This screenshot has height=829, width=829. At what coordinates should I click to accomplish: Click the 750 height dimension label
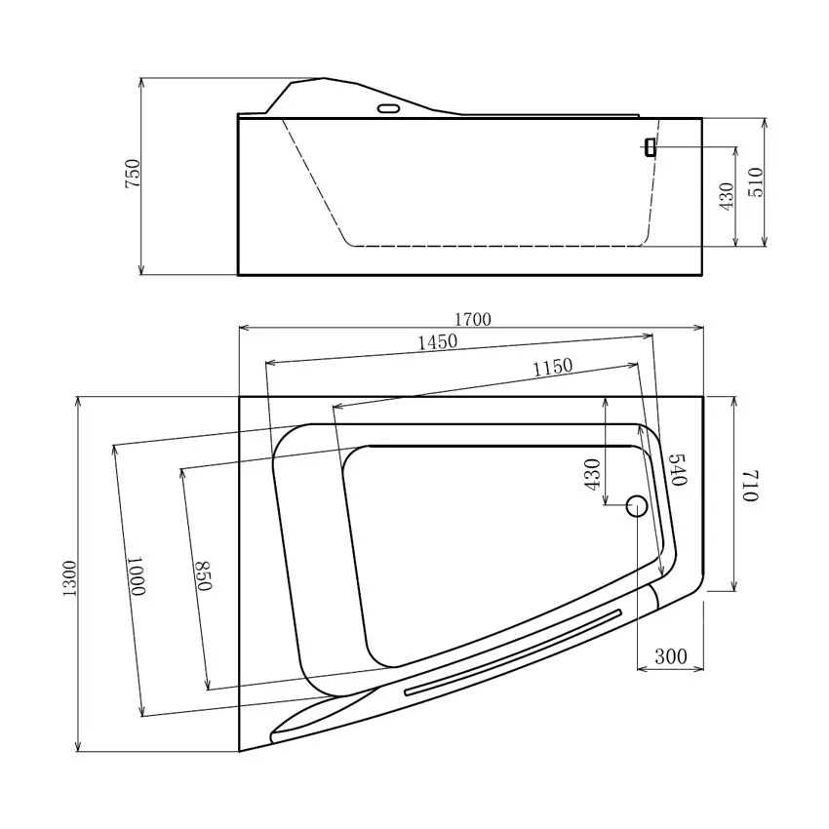(134, 174)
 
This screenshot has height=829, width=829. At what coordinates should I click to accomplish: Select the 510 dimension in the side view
(755, 182)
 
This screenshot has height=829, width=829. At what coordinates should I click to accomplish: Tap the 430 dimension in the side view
(726, 195)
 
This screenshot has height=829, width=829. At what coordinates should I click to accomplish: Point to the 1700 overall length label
(472, 319)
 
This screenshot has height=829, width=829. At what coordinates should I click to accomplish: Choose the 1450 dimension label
(437, 342)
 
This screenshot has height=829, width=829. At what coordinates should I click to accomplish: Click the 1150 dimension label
(552, 367)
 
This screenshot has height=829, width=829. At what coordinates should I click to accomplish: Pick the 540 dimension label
(679, 470)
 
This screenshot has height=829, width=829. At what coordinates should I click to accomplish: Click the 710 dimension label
(749, 485)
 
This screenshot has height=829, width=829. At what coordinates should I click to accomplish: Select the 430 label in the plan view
(591, 474)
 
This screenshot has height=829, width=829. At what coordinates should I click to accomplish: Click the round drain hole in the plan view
(636, 505)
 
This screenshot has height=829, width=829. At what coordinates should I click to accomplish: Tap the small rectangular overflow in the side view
(650, 146)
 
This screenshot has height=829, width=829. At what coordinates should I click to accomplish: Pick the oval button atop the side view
(387, 108)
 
